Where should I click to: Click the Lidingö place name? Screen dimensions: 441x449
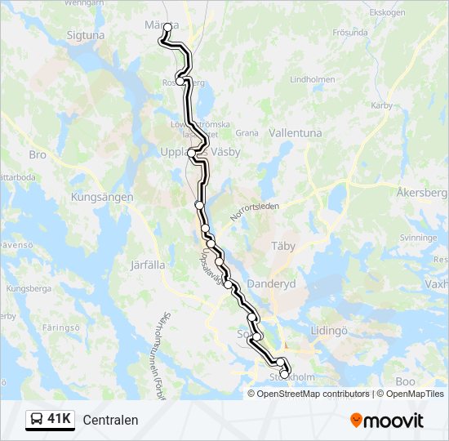(x=329, y=331)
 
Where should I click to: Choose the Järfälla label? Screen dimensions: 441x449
(x=148, y=265)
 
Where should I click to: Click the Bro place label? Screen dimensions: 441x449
(x=38, y=154)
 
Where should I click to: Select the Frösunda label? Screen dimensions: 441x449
(x=350, y=33)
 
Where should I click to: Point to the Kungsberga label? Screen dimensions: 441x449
(x=29, y=289)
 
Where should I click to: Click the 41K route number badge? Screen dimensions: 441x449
(x=50, y=420)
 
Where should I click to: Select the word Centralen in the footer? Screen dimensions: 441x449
(x=110, y=421)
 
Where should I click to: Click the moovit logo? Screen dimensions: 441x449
(x=387, y=421)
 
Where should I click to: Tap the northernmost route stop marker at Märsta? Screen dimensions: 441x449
(x=167, y=27)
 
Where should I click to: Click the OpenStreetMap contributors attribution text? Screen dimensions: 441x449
(x=311, y=394)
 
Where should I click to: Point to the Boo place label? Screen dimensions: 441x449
(x=405, y=381)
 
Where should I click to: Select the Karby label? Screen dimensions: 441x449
(x=381, y=105)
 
